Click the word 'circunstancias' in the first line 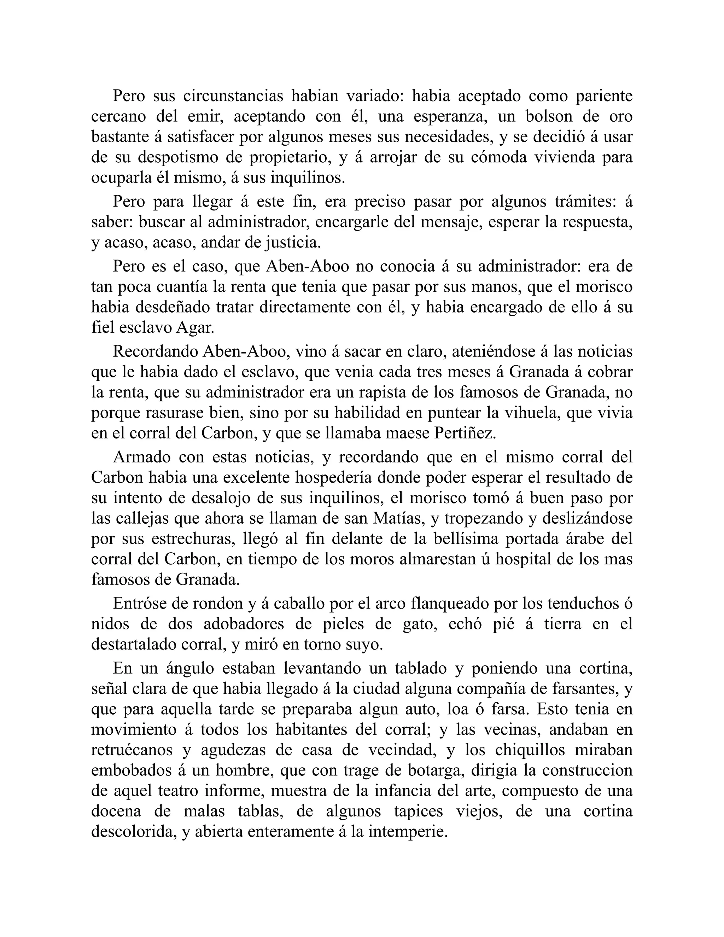click(x=233, y=96)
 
